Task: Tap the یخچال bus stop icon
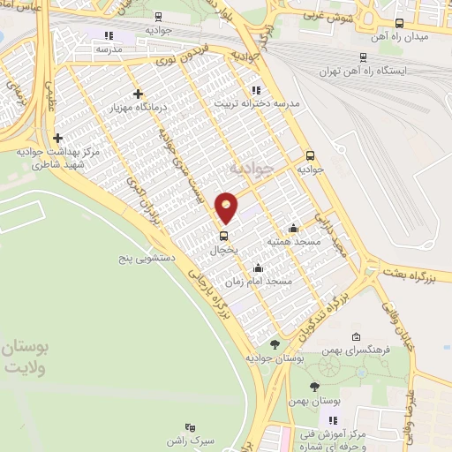223,236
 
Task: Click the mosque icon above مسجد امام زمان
257,268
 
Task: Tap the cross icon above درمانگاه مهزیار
137,94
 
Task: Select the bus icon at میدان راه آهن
399,24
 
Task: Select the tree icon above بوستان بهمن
315,387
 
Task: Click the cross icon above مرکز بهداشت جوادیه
58,138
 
